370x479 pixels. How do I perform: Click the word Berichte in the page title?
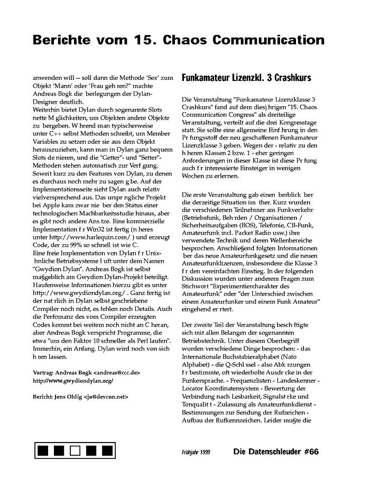tap(62, 40)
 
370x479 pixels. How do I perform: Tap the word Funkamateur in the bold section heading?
tap(206, 78)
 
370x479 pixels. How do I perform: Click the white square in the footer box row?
tap(75, 451)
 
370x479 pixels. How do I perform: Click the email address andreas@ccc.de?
tap(117, 372)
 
